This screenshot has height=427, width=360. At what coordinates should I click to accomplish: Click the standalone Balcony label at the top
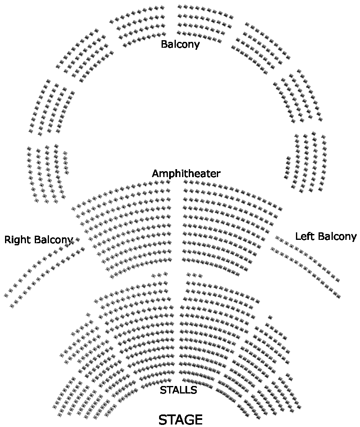click(x=180, y=44)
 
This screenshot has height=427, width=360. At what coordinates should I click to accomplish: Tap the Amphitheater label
click(x=186, y=173)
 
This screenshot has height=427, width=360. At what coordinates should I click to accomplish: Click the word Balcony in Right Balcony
click(x=53, y=239)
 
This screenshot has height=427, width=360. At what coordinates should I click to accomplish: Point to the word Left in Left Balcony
click(x=304, y=236)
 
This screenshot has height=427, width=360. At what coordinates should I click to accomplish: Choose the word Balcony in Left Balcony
click(x=337, y=236)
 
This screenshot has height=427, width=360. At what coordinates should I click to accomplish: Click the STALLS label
click(x=178, y=390)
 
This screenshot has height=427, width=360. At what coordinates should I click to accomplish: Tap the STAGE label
click(x=180, y=419)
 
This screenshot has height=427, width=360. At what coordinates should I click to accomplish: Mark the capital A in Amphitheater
click(x=155, y=173)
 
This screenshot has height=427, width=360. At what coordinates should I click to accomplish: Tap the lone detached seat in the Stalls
click(x=270, y=317)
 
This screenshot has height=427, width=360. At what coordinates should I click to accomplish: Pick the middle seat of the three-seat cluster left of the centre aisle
click(x=159, y=275)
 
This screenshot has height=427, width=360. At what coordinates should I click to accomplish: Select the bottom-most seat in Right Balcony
click(x=12, y=306)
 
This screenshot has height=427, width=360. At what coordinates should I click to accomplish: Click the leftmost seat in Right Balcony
click(x=6, y=296)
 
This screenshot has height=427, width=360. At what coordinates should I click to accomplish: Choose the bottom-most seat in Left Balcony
click(x=338, y=296)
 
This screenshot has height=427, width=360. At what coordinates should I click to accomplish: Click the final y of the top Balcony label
click(x=197, y=45)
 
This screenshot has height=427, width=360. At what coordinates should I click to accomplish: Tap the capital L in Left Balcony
click(x=298, y=236)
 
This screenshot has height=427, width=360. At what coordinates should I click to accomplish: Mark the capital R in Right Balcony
click(x=8, y=239)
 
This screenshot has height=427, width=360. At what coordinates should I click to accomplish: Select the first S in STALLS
click(x=163, y=390)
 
